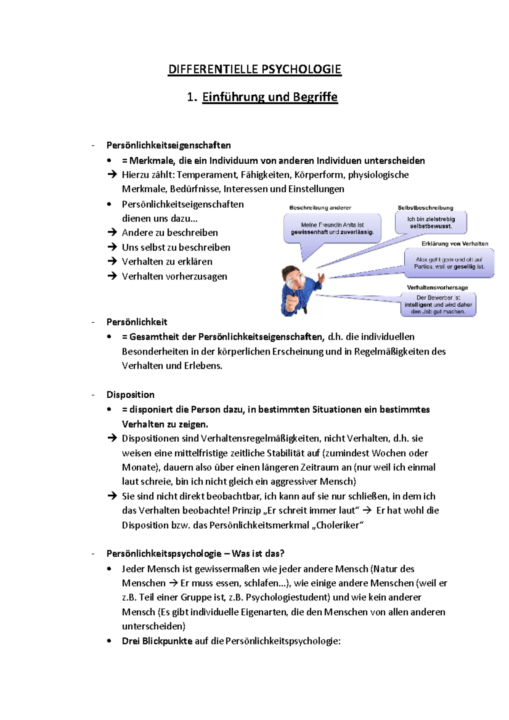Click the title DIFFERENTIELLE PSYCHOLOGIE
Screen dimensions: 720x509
pos(255,69)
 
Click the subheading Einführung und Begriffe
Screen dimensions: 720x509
pos(270,97)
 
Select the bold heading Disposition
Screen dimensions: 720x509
pos(130,395)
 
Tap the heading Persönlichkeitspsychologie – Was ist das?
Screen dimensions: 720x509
pos(195,553)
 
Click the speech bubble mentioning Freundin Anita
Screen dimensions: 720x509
pos(332,229)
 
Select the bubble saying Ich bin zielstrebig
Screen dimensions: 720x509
pos(431,223)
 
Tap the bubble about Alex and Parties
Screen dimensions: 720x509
pos(449,263)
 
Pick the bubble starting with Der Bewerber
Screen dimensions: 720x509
pos(438,304)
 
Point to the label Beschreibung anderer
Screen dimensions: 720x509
pos(320,208)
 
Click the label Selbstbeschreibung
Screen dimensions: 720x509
pos(425,208)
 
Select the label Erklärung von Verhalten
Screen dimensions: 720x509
pos(455,244)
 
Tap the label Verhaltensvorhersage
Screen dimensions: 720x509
pos(437,287)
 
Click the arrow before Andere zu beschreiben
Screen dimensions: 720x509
pos(112,232)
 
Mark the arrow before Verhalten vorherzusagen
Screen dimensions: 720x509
pos(112,276)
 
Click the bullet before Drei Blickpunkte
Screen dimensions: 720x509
pos(109,641)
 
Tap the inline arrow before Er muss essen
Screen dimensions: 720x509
pos(173,583)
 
